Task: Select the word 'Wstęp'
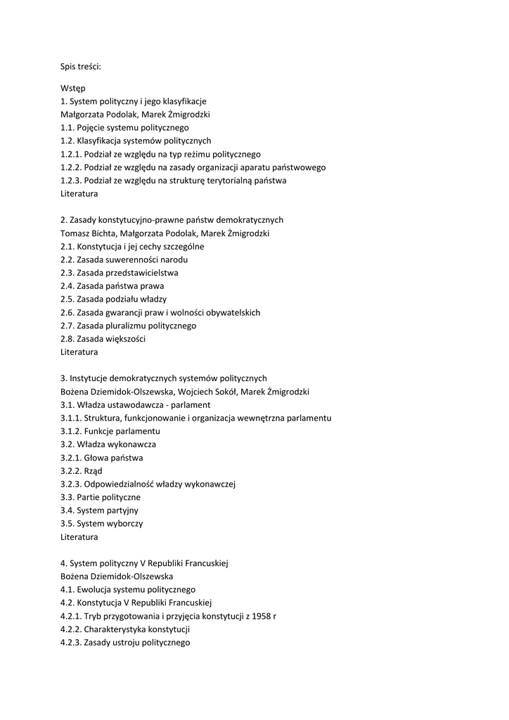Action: (x=73, y=89)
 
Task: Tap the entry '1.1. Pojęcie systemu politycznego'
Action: (x=124, y=128)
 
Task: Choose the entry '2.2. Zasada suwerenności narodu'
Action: (x=124, y=259)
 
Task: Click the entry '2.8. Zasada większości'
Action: (x=103, y=339)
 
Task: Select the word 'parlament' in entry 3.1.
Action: (x=191, y=405)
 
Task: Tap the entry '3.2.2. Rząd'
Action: (x=82, y=471)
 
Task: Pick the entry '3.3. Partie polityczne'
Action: (x=101, y=497)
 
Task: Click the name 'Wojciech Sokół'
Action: (x=206, y=392)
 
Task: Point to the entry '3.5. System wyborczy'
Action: (x=101, y=524)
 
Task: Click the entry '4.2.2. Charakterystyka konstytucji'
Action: (x=125, y=629)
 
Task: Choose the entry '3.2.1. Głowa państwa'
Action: (x=101, y=458)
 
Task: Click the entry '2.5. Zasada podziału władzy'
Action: (x=113, y=300)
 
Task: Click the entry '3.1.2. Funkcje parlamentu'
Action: (x=110, y=431)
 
